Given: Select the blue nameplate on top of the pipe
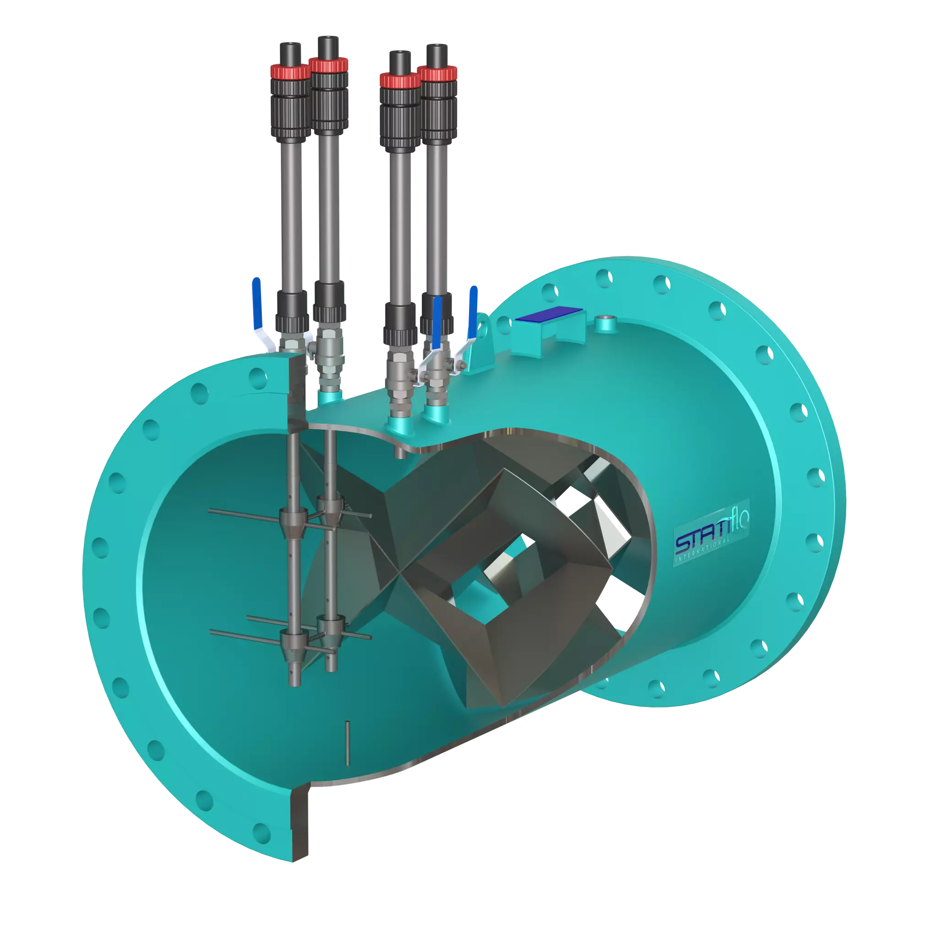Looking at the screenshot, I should coord(549,316).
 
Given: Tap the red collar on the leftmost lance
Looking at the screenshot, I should coord(290,71).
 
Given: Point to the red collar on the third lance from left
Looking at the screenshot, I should coord(398,79).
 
